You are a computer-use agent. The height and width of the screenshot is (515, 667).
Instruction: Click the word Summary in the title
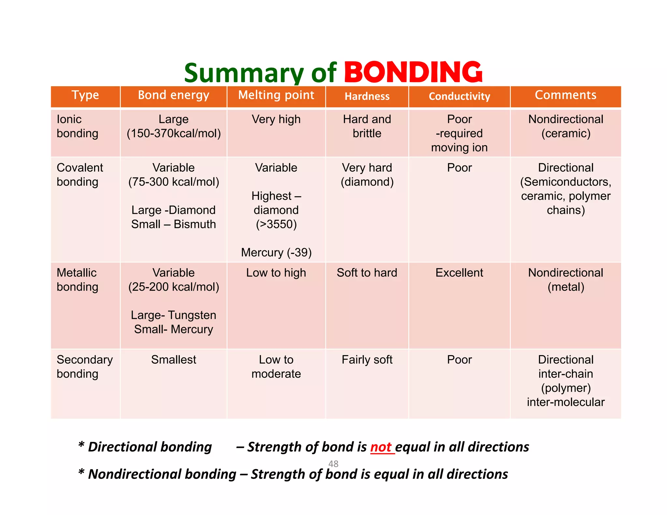tap(244, 73)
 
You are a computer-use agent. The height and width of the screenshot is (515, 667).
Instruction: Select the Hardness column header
tap(367, 96)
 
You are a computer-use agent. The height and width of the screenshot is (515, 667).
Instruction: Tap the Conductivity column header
tap(459, 96)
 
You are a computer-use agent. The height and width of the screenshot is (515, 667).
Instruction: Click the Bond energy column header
tap(173, 95)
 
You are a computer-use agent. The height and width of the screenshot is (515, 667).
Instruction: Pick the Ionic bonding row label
tap(78, 126)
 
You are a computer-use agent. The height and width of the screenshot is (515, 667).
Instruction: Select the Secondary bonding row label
tap(85, 367)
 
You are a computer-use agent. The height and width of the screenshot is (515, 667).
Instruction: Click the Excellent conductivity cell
tap(459, 273)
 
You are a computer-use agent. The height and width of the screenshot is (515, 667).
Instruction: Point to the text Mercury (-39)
tap(276, 253)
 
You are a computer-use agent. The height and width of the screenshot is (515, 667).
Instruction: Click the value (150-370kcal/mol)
tap(174, 133)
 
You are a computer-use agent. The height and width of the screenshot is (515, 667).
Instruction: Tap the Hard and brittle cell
tap(367, 126)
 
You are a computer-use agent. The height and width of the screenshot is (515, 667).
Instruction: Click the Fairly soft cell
tap(367, 360)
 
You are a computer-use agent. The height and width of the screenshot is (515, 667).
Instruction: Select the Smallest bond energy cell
tap(174, 360)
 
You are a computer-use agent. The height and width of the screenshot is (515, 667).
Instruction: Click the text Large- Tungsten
tap(174, 315)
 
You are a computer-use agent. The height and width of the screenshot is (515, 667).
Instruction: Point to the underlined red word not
tap(381, 447)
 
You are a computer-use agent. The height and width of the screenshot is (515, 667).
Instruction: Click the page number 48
tap(333, 464)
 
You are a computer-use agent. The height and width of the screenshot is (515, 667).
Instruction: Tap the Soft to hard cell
tap(367, 273)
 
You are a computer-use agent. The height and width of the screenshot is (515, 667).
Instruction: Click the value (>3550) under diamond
tap(276, 224)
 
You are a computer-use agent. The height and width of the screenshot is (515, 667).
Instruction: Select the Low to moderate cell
tap(276, 367)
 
